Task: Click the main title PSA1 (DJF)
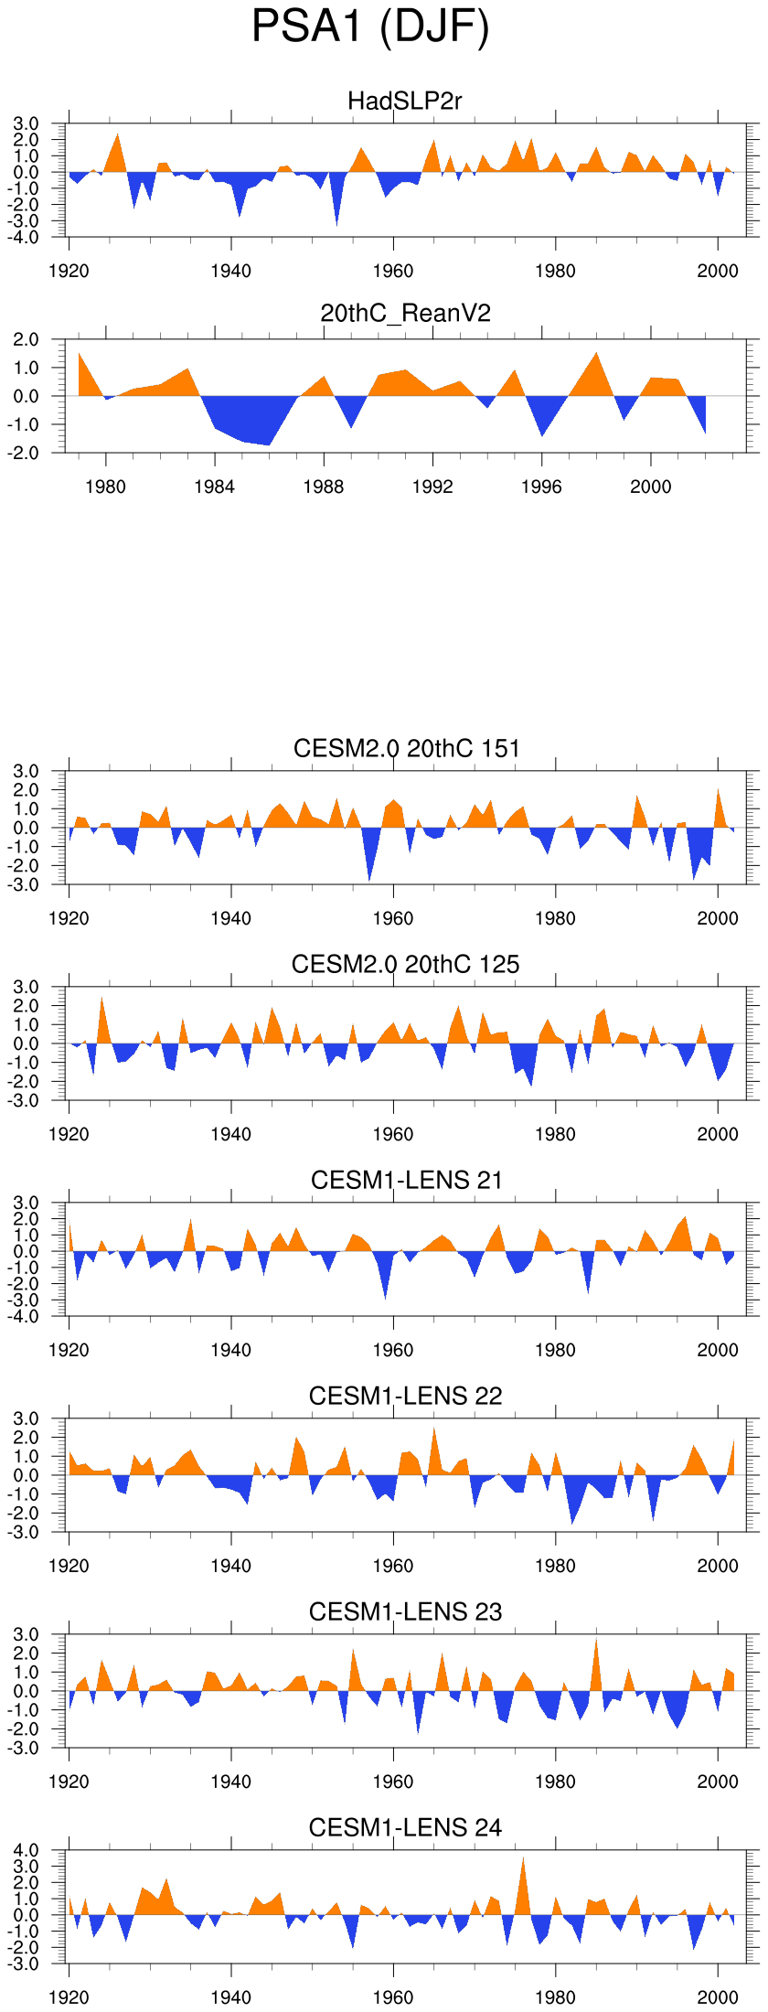point(370,27)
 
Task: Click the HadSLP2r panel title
point(405,101)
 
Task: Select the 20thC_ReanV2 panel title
point(405,313)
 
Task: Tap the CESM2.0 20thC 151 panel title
point(406,748)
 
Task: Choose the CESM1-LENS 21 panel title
point(406,1180)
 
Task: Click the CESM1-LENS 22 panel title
point(405,1396)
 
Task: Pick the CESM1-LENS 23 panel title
point(405,1611)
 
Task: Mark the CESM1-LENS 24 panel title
point(405,1827)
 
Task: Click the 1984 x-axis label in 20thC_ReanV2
point(214,487)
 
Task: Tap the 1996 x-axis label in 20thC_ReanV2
point(541,487)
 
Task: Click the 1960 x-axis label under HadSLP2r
point(393,271)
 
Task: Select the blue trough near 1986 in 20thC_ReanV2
point(269,441)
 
